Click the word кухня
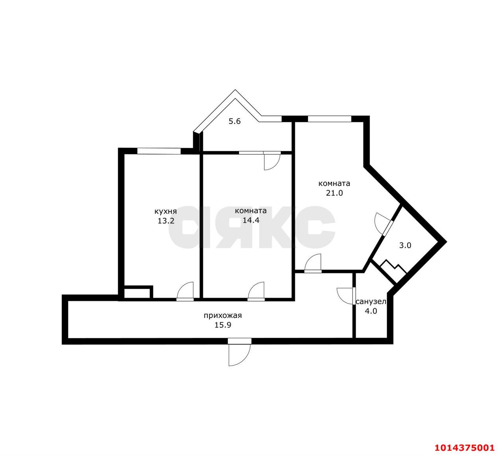165,211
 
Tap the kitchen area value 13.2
166,221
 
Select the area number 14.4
251,220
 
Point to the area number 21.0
334,193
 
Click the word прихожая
222,315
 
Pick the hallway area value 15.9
222,325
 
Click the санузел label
371,302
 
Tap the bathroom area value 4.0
371,311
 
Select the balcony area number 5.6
235,121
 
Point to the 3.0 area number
405,245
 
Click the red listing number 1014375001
464,448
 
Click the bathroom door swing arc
345,295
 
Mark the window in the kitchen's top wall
159,150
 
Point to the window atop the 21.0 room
329,118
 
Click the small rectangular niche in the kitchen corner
137,293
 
